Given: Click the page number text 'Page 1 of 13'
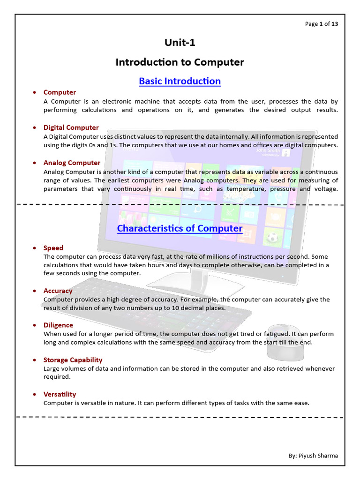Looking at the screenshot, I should pos(321,24).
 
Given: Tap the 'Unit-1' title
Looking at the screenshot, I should pos(180,43).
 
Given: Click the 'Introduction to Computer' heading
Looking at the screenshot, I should pos(180,62).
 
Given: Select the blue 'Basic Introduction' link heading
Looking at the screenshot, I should pos(180,81).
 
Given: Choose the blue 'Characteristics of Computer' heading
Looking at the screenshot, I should pos(180,228).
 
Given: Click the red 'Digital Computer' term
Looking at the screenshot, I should pos(71,127).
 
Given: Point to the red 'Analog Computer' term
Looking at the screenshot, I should pos(72,163).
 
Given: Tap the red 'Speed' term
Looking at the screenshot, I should pos(53,248).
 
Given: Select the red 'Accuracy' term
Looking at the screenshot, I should pos(58,291).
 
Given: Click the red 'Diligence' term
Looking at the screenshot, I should pos(58,325).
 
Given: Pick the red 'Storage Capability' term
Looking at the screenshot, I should pos(73,360).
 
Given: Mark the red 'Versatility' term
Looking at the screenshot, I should pos(60,394).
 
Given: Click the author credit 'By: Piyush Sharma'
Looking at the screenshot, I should pos(313,456).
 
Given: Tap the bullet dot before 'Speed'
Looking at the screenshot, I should pos(34,248).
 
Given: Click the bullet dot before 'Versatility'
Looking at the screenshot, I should pos(34,395).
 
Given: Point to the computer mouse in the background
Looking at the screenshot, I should pos(284,345).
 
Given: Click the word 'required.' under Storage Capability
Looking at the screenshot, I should pos(57,376).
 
